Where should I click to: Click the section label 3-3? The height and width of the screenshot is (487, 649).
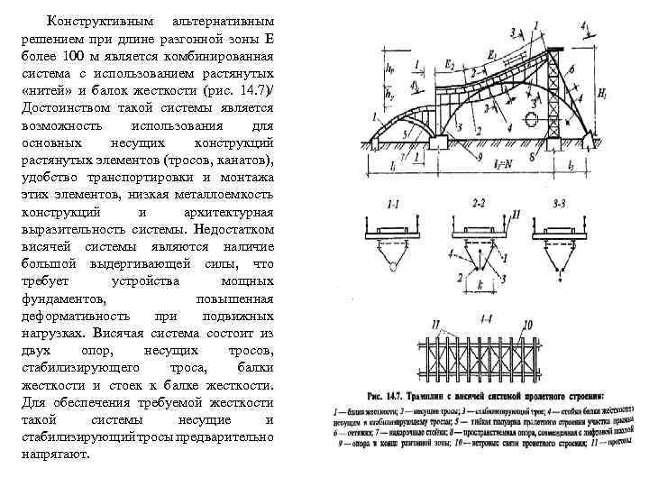click(562, 205)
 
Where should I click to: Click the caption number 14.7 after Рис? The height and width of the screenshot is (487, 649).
click(407, 395)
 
